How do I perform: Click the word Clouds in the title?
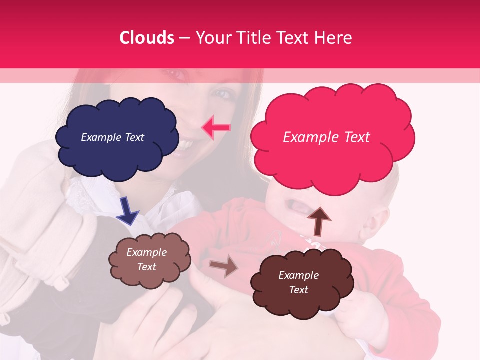pyautogui.click(x=147, y=38)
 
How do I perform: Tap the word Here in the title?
pyautogui.click(x=333, y=38)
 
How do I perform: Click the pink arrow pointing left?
pyautogui.click(x=216, y=128)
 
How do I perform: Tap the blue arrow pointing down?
pyautogui.click(x=127, y=210)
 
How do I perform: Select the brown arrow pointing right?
pyautogui.click(x=223, y=266)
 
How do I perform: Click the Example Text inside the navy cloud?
pyautogui.click(x=112, y=137)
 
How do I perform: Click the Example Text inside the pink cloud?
pyautogui.click(x=326, y=137)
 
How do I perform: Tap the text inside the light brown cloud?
pyautogui.click(x=147, y=259)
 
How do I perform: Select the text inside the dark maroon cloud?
pyautogui.click(x=298, y=282)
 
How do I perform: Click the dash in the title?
pyautogui.click(x=184, y=38)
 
